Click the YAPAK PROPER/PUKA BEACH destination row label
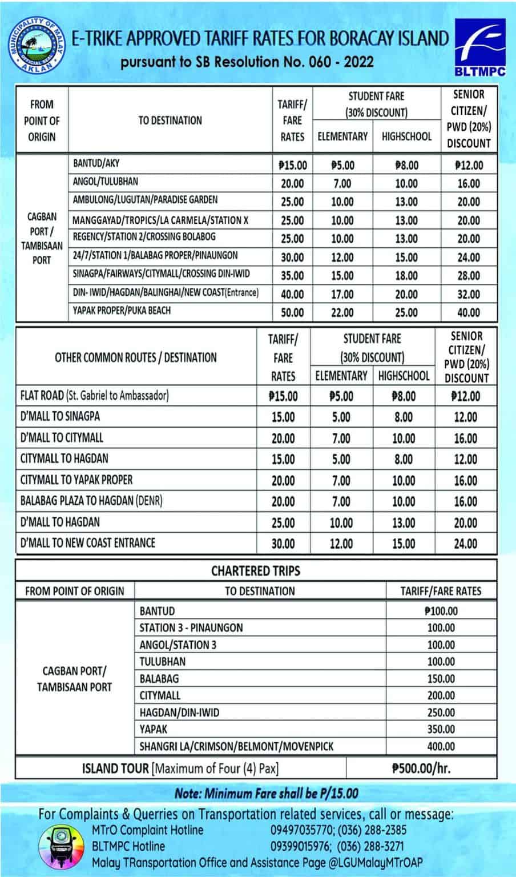[122, 311]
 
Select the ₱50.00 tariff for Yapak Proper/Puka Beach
[292, 312]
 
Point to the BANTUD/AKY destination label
[96, 163]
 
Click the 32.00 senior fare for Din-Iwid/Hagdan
[469, 294]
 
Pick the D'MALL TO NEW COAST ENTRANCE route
[87, 542]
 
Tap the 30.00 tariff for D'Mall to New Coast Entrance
[283, 544]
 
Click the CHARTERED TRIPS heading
[255, 570]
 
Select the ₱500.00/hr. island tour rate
[421, 768]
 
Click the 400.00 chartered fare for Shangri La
[441, 746]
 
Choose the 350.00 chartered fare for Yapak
[441, 729]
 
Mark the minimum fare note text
[267, 793]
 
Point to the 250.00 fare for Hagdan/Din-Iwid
[441, 713]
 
